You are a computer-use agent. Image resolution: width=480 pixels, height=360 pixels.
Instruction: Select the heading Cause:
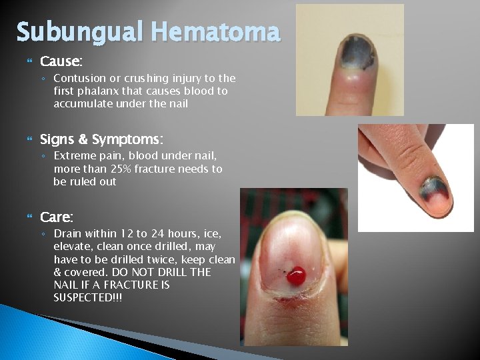tap(61, 62)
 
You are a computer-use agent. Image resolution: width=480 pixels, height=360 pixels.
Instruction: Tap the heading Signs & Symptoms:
tap(101, 139)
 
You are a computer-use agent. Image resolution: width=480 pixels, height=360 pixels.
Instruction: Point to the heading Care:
tap(57, 217)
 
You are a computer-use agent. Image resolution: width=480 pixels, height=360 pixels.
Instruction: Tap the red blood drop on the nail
tap(298, 273)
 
